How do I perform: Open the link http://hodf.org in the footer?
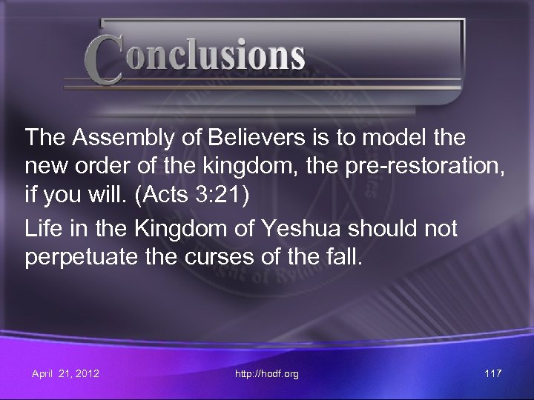268,374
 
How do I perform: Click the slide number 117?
491,374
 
